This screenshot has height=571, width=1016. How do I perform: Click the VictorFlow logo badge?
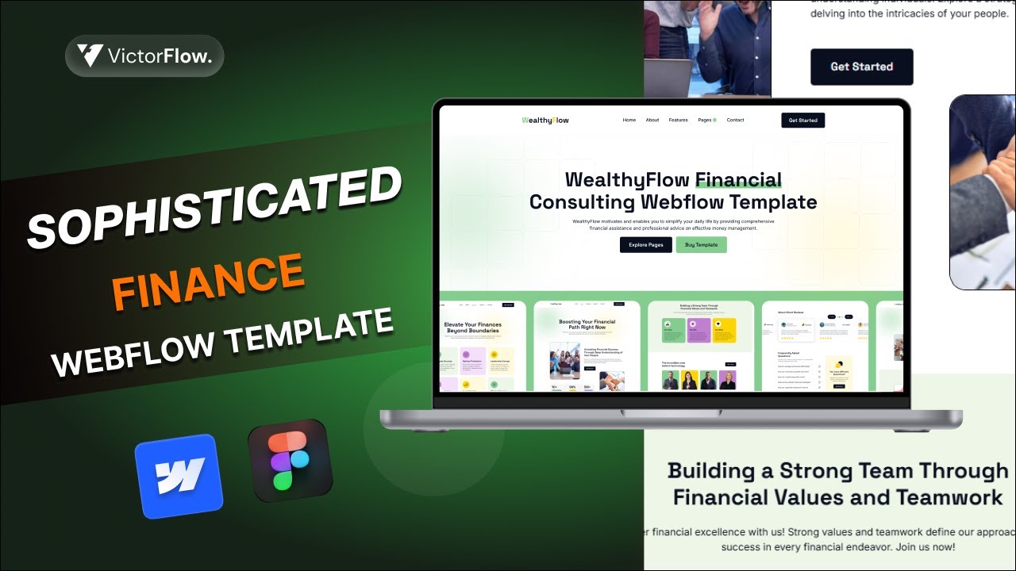[144, 56]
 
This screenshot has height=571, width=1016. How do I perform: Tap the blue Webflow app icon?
[179, 475]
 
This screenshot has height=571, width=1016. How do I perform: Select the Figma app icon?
[290, 461]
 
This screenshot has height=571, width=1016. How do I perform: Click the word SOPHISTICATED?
[214, 208]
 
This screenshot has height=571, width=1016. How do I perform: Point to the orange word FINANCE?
[209, 282]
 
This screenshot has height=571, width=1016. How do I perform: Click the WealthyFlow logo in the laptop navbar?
[545, 121]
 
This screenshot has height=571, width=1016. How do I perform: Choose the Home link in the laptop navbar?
[629, 121]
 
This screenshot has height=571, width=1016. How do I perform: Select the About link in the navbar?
[652, 121]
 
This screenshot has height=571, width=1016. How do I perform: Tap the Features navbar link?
[679, 121]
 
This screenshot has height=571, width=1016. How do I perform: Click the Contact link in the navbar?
[736, 121]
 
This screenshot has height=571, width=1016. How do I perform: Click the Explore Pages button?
[645, 245]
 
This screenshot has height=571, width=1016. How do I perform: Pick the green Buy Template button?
[701, 245]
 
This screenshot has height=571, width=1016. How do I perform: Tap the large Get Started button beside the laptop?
[862, 67]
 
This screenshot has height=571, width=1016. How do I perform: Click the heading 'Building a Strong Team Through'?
[837, 470]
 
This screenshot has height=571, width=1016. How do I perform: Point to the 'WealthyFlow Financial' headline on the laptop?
[673, 180]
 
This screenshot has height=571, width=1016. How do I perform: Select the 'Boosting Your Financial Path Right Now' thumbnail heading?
[587, 325]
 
